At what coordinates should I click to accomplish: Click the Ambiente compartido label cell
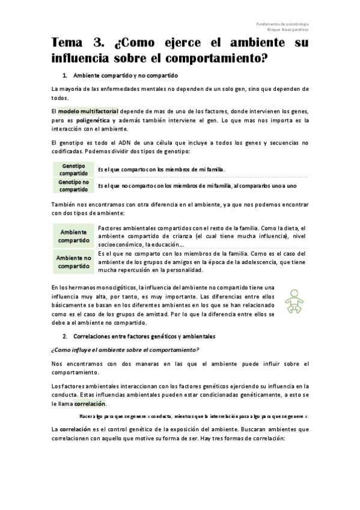coord(73,236)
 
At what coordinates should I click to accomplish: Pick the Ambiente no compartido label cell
coord(73,262)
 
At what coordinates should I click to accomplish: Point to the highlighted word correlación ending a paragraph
coord(88,404)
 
